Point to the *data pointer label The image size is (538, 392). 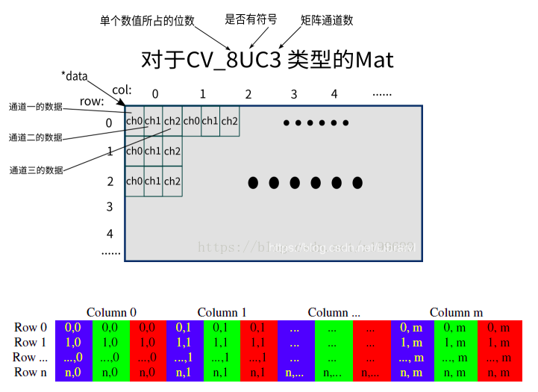[x=75, y=75]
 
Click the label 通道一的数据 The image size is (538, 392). [x=36, y=107]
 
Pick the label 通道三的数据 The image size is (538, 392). [x=36, y=170]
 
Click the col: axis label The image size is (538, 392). [x=122, y=90]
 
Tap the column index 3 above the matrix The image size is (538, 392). [x=294, y=94]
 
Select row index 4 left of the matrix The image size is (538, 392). [x=110, y=234]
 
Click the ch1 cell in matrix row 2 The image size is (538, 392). [x=153, y=181]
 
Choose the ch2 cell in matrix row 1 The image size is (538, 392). [x=172, y=152]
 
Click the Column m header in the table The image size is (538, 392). [x=456, y=312]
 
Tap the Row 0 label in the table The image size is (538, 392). [x=31, y=327]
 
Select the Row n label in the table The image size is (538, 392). [x=31, y=372]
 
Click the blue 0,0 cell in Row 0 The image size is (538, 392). [x=73, y=327]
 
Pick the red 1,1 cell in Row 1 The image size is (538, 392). [x=258, y=342]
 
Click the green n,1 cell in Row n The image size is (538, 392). [x=221, y=372]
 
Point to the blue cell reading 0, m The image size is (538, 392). [x=409, y=327]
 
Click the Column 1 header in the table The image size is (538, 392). [x=222, y=312]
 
